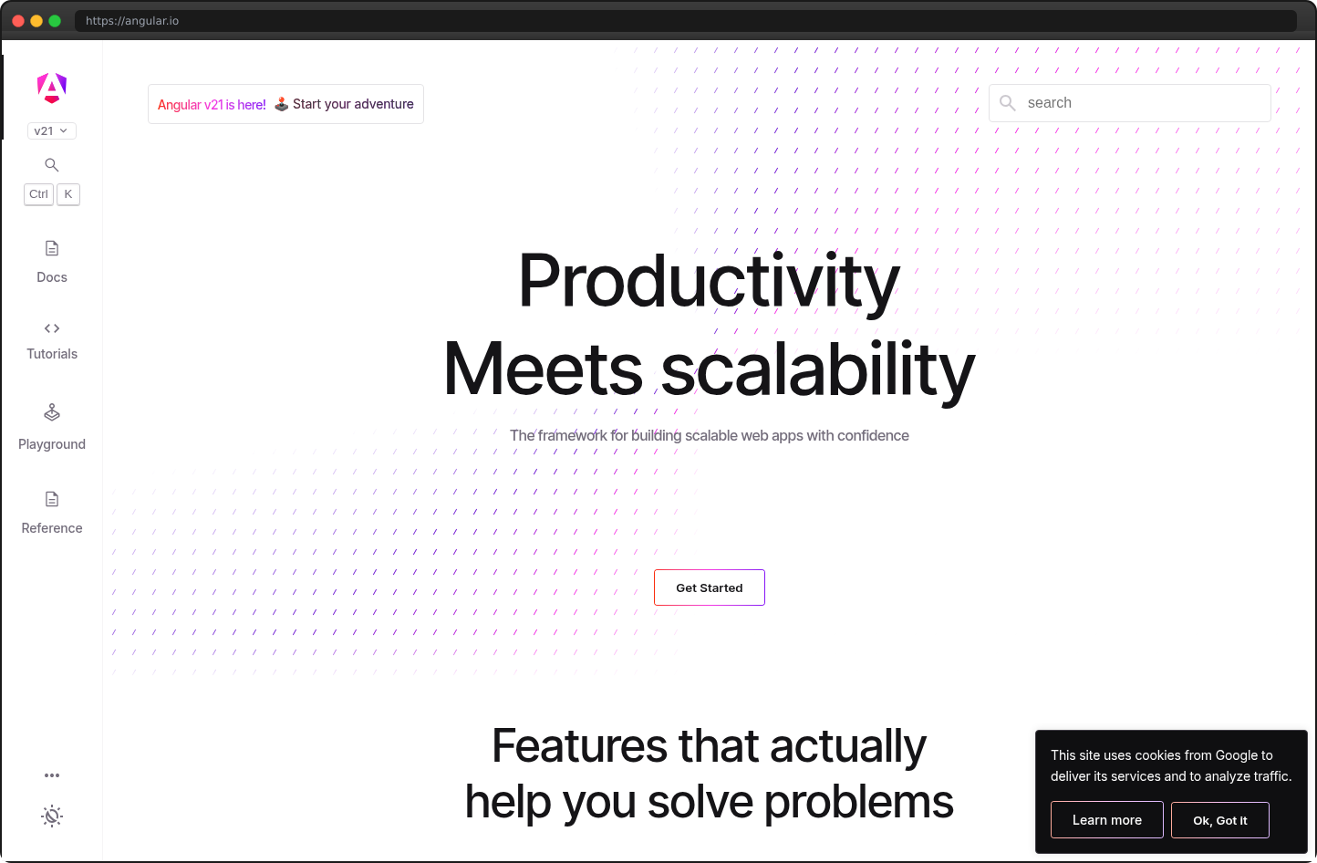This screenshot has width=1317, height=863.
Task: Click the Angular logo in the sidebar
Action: point(52,88)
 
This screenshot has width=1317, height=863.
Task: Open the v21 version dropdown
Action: point(51,131)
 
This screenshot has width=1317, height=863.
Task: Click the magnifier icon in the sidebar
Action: point(52,165)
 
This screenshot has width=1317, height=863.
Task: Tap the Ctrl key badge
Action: point(38,194)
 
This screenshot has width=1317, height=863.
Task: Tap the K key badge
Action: point(68,194)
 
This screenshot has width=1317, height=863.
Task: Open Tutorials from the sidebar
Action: point(52,340)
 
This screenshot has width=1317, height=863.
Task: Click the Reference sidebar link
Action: point(52,513)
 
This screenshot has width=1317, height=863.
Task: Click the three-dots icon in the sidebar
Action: point(52,775)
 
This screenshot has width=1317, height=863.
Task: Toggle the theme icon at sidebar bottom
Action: point(52,816)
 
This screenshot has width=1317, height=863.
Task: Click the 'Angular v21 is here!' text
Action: point(212,105)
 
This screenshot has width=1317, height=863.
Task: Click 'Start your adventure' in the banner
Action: point(353,104)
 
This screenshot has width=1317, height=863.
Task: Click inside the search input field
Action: point(1140,103)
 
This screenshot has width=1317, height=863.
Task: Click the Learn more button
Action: point(1106,820)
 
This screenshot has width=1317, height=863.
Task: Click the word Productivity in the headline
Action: point(709,281)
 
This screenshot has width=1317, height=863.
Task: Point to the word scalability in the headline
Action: point(817,369)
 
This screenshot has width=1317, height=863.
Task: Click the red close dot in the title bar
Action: point(18,21)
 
